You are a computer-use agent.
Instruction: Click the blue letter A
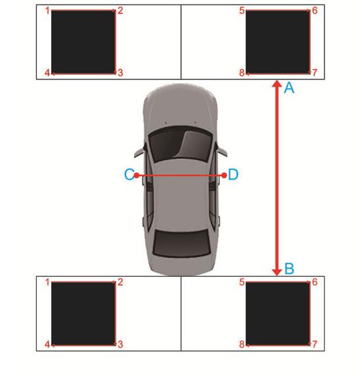click(289, 87)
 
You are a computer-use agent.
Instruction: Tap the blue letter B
click(290, 268)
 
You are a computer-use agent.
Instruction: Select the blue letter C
click(129, 175)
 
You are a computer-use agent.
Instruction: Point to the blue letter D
click(233, 175)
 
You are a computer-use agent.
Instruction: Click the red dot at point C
click(137, 175)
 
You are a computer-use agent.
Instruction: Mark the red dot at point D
click(225, 175)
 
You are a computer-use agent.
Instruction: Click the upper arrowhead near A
click(277, 83)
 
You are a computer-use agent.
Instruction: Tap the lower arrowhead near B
click(277, 272)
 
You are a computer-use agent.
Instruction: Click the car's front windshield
click(181, 144)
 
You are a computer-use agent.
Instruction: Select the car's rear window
click(182, 243)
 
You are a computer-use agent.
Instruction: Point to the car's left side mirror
click(139, 153)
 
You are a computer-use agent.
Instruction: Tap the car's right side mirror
click(222, 152)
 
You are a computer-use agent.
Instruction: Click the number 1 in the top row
click(47, 10)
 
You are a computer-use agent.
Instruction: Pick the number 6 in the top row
click(315, 10)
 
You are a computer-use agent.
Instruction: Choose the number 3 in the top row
click(120, 73)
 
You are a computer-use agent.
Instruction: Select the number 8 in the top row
click(242, 73)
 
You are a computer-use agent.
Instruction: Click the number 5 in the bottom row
click(242, 282)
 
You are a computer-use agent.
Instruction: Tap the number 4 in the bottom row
click(47, 345)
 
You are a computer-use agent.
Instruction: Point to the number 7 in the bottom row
click(315, 345)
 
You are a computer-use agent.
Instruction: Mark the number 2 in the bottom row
click(120, 282)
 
